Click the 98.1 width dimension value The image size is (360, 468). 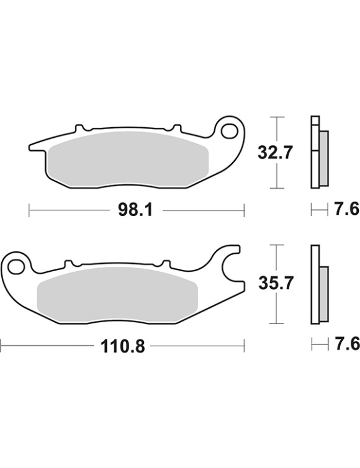pyautogui.click(x=135, y=211)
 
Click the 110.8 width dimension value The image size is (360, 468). pyautogui.click(x=124, y=346)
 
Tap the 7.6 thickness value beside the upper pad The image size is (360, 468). pyautogui.click(x=346, y=211)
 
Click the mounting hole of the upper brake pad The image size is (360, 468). pyautogui.click(x=230, y=132)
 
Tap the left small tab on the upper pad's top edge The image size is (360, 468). pyautogui.click(x=78, y=128)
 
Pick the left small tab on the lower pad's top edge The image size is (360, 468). pyautogui.click(x=68, y=263)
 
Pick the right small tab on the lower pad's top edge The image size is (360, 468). pyautogui.click(x=164, y=263)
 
